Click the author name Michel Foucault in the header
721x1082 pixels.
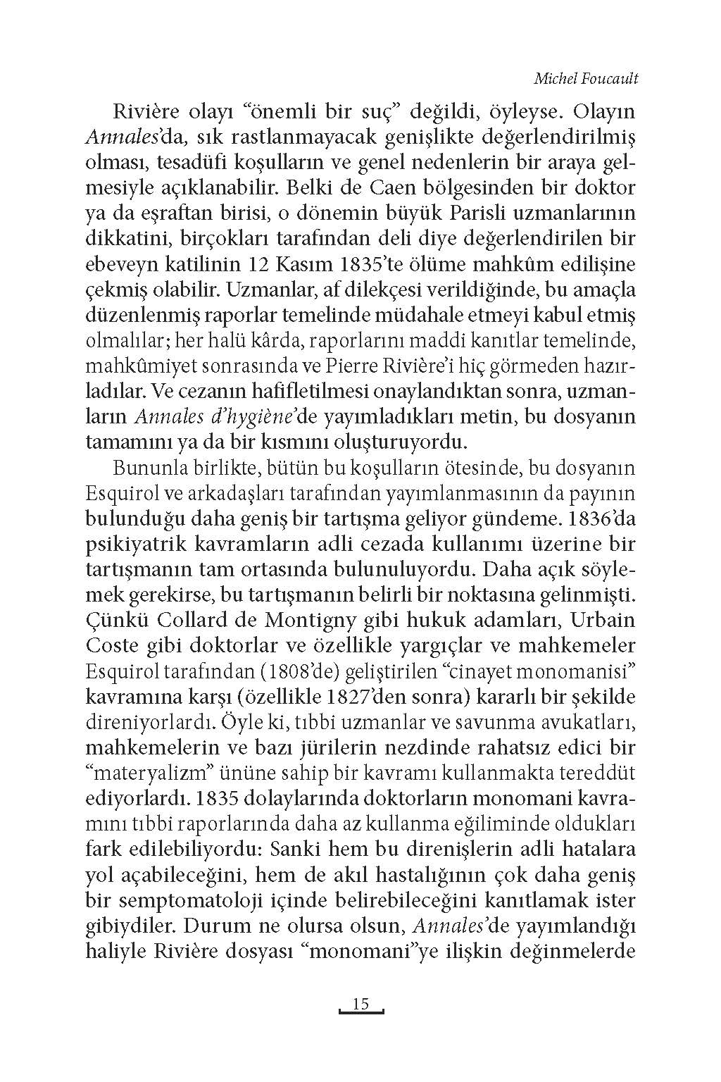pyautogui.click(x=585, y=78)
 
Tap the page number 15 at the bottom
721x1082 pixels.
pyautogui.click(x=360, y=1004)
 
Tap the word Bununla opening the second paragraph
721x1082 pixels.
pyautogui.click(x=150, y=468)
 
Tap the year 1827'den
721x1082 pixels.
pyautogui.click(x=371, y=697)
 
